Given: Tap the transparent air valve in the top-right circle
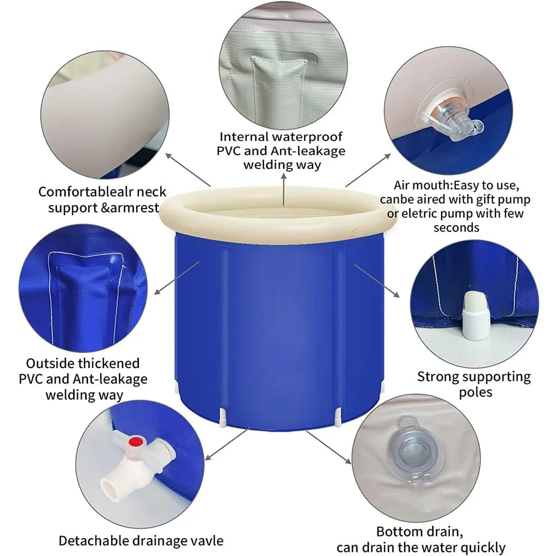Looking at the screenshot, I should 448,120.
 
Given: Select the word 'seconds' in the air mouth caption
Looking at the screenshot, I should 456,227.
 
